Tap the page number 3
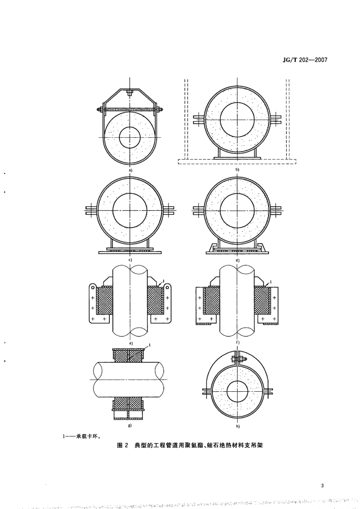click(322, 486)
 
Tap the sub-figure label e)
click(130, 342)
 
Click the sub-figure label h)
click(237, 426)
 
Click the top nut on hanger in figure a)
click(130, 92)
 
